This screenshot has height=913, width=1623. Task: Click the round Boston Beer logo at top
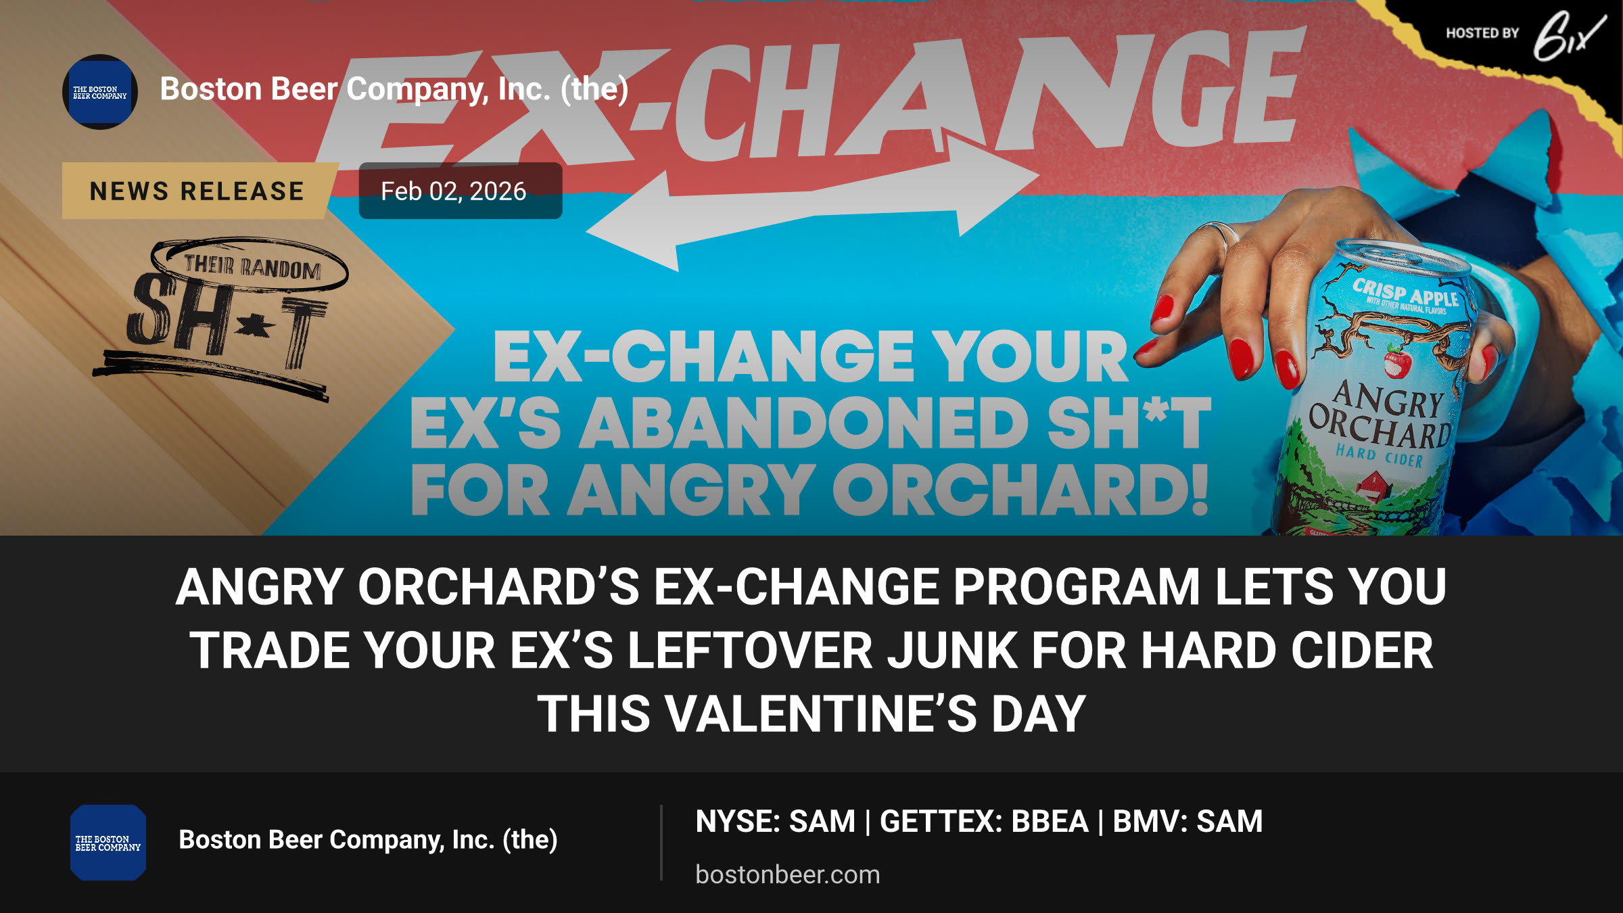pyautogui.click(x=100, y=92)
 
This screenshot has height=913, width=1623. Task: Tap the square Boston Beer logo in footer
pyautogui.click(x=108, y=843)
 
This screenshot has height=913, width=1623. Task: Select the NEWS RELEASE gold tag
pyautogui.click(x=197, y=191)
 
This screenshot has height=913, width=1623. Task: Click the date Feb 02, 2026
pyautogui.click(x=454, y=191)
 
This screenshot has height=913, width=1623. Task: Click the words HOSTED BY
pyautogui.click(x=1482, y=33)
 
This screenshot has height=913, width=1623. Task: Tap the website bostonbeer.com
pyautogui.click(x=788, y=874)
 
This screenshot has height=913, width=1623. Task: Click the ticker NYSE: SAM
pyautogui.click(x=776, y=822)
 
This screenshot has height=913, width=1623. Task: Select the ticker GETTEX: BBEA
pyautogui.click(x=984, y=822)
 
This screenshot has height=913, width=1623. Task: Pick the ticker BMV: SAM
pyautogui.click(x=1187, y=822)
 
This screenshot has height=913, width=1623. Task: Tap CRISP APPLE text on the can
pyautogui.click(x=1405, y=293)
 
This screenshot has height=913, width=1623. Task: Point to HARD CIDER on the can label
pyautogui.click(x=1379, y=456)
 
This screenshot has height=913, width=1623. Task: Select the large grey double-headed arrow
pyautogui.click(x=811, y=203)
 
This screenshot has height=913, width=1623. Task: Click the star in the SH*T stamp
pyautogui.click(x=255, y=327)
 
